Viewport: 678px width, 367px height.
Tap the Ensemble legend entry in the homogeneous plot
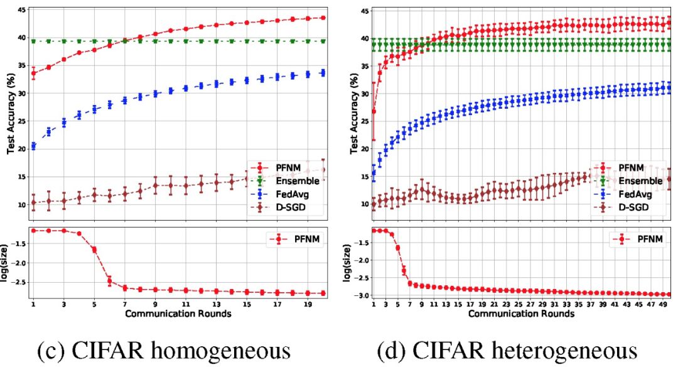pyautogui.click(x=289, y=182)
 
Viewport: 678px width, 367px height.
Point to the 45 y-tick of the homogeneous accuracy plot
pyautogui.click(x=21, y=11)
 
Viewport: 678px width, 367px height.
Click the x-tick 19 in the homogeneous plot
pyautogui.click(x=308, y=304)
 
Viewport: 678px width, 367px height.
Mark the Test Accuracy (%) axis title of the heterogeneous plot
pyautogui.click(x=354, y=113)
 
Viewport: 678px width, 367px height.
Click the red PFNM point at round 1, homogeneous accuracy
pyautogui.click(x=33, y=74)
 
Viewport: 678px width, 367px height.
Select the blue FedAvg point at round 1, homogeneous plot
pyautogui.click(x=33, y=146)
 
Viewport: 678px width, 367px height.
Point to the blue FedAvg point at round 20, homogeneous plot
pyautogui.click(x=323, y=73)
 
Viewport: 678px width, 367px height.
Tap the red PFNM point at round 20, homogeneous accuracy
pyautogui.click(x=323, y=18)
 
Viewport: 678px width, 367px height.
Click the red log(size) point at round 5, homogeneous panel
pyautogui.click(x=94, y=249)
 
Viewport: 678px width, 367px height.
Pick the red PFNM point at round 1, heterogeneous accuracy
pyautogui.click(x=374, y=111)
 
